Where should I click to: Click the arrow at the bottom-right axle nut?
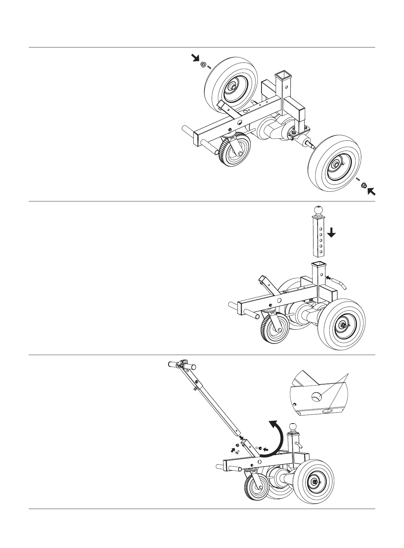[x=371, y=192]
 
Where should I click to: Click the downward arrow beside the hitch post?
[x=331, y=233]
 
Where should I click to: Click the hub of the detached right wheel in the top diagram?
[x=335, y=164]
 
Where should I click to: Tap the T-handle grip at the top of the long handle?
[x=182, y=366]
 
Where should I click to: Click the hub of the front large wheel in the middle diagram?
[x=344, y=326]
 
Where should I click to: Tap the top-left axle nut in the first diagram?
[x=203, y=64]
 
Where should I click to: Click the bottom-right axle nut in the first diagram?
[x=363, y=185]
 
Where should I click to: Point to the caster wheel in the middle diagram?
[x=275, y=330]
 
